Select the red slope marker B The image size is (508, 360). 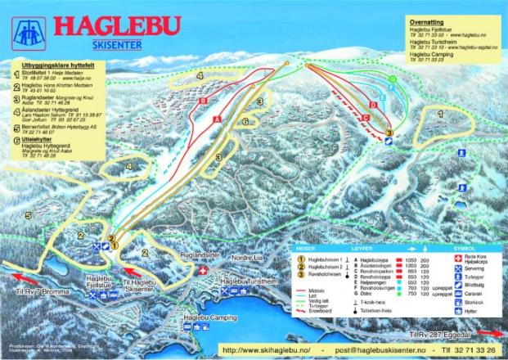pos(201,101)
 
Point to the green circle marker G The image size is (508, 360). pos(393,79)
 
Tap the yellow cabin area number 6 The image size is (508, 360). pos(245,121)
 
